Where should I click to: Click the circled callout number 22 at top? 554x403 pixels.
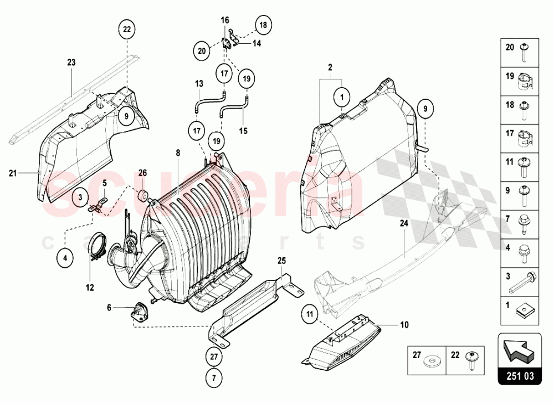tap(126, 29)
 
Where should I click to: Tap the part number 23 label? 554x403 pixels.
tap(71, 63)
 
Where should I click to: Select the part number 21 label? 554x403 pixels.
tap(13, 174)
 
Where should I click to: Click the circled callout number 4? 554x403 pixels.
tap(65, 257)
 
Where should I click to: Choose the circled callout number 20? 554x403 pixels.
tap(202, 51)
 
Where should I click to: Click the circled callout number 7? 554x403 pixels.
tap(214, 378)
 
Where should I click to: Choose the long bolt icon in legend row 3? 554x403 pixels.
tap(522, 282)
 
